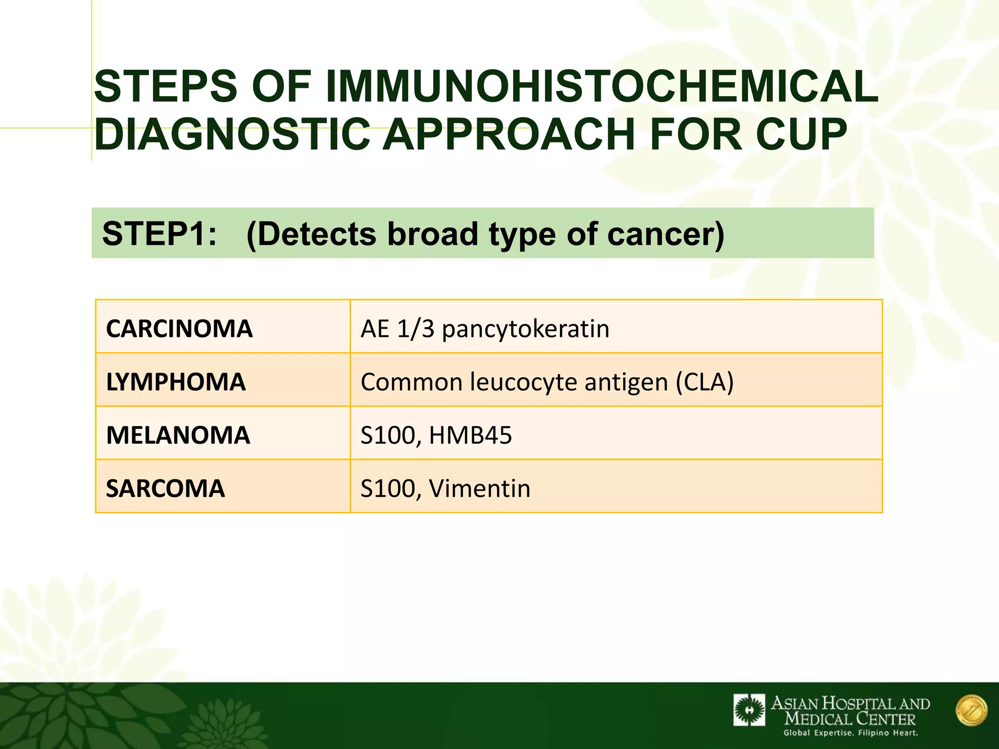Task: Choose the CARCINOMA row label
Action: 179,328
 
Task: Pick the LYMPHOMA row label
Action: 176,381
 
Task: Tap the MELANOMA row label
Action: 178,434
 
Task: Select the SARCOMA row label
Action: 165,488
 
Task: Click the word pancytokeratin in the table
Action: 525,329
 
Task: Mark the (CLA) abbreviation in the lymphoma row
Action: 704,381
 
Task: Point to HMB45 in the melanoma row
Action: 470,434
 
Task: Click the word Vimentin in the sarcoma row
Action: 480,488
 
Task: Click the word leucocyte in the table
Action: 524,381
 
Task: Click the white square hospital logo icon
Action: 749,710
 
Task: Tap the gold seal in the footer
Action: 971,710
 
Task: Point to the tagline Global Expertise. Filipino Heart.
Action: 850,733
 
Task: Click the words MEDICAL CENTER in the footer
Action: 850,718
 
